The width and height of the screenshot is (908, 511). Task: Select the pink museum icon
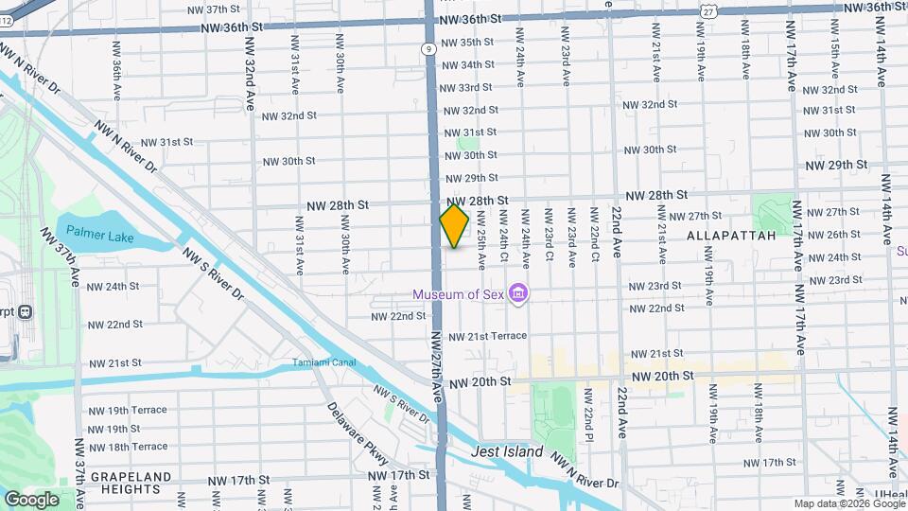click(x=517, y=295)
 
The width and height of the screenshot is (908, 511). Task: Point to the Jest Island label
click(x=508, y=451)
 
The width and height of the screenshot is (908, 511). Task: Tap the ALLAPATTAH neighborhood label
click(x=731, y=235)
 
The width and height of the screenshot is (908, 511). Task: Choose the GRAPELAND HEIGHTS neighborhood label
click(x=125, y=483)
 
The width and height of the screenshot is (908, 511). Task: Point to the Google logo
click(x=31, y=499)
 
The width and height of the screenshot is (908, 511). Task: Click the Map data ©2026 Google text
click(x=847, y=503)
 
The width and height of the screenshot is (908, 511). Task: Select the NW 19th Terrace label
click(x=127, y=410)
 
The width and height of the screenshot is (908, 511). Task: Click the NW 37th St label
click(x=214, y=9)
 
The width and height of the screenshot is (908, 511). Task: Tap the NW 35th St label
click(x=471, y=43)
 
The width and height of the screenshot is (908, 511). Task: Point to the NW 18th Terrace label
click(x=127, y=447)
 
